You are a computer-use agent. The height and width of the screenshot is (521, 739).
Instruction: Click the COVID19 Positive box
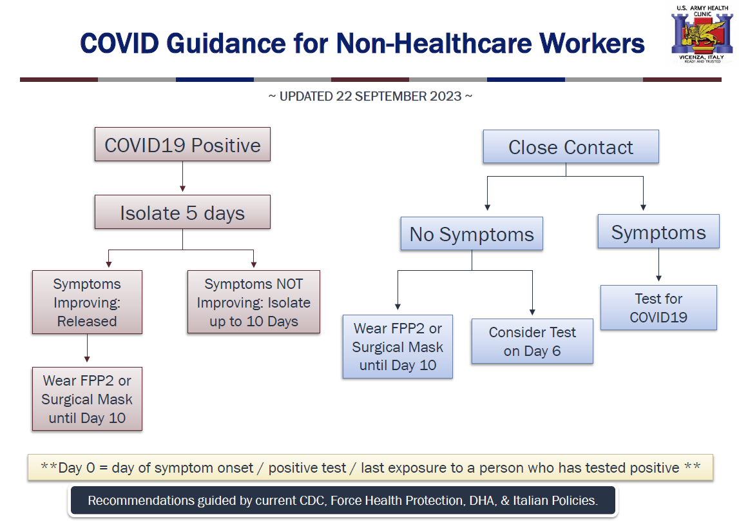point(182,144)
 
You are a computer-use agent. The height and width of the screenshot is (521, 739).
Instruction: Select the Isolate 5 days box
point(182,212)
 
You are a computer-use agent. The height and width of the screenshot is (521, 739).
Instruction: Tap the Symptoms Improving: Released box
point(87,302)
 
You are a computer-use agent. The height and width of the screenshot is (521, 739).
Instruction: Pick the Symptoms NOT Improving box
point(254,302)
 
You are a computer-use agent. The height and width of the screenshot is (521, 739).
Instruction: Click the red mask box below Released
point(87,399)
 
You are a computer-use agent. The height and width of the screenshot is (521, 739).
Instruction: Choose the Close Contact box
point(571,146)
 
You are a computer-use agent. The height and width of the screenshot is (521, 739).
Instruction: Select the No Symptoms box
point(472,234)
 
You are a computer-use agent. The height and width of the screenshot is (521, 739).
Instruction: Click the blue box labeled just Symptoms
point(658,231)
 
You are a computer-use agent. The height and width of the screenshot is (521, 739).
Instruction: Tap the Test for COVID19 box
point(658,308)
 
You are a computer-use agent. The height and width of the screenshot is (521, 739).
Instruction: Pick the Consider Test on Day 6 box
point(532,341)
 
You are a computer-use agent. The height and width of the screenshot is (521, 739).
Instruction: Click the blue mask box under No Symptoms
point(398,346)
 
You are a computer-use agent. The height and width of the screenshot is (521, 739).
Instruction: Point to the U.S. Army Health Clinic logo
point(702,34)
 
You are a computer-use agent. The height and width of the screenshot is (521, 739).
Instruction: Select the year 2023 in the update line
point(446,96)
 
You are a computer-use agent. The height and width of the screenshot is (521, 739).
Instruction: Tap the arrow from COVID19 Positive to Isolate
point(182,176)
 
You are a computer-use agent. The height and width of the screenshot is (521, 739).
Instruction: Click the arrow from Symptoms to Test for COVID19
point(658,265)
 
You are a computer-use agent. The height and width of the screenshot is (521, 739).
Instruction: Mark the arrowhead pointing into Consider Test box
point(532,312)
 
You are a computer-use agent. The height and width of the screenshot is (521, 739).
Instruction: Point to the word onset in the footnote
point(235,467)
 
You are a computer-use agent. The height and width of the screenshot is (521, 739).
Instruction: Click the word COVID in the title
point(120,43)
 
